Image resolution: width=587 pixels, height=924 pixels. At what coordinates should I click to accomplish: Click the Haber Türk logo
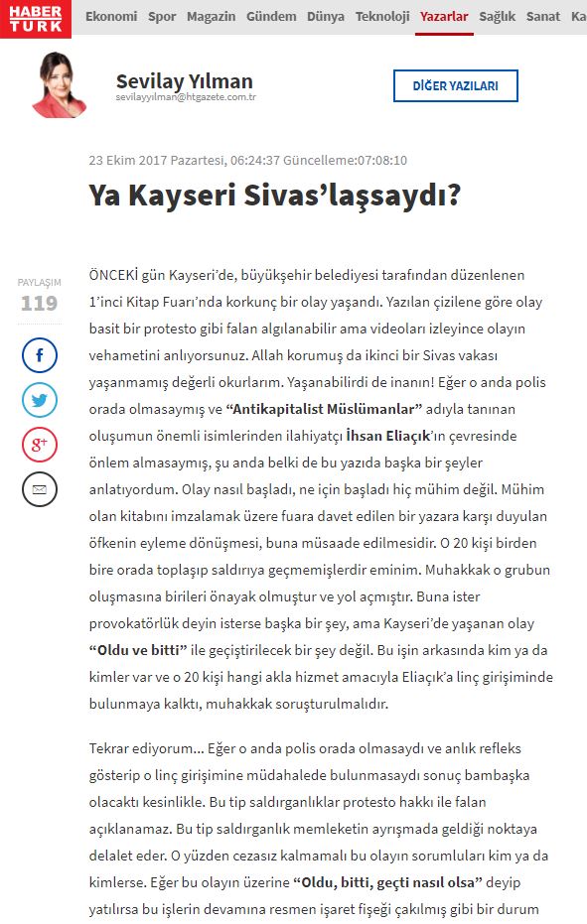[x=36, y=18]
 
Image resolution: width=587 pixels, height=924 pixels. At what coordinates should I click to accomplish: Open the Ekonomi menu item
[x=111, y=17]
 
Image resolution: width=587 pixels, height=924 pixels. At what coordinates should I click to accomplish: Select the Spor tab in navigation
[x=162, y=17]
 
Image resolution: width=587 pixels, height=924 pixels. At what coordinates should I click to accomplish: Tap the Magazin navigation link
[x=211, y=17]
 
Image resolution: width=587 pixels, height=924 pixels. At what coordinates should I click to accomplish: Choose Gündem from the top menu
[x=270, y=17]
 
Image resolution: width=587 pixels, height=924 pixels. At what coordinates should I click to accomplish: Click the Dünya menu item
[x=326, y=17]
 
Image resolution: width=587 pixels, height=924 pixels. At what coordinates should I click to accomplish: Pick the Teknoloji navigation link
[x=382, y=17]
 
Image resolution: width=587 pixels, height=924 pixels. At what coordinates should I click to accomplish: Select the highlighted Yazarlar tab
[x=444, y=17]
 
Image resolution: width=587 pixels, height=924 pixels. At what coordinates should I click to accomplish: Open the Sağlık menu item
[x=498, y=17]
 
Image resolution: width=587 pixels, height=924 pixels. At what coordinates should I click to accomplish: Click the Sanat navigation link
[x=543, y=17]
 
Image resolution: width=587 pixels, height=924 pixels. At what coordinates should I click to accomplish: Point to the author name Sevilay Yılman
[x=184, y=81]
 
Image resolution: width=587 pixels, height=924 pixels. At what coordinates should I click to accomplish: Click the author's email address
[x=186, y=98]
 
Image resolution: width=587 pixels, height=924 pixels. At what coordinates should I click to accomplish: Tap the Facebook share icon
[x=40, y=354]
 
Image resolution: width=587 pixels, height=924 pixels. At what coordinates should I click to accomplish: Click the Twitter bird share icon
[x=40, y=400]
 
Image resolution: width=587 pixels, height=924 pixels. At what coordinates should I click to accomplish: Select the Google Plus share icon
[x=40, y=445]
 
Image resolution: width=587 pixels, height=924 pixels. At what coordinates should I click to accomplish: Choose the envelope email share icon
[x=40, y=489]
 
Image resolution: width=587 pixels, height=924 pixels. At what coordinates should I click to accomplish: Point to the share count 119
[x=40, y=303]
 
